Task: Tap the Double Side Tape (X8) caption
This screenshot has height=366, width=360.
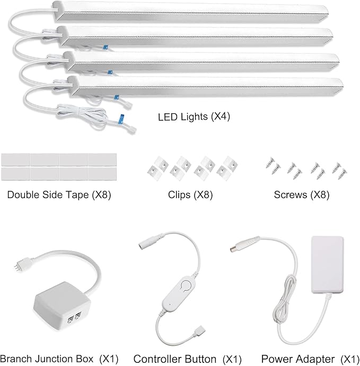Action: (x=59, y=194)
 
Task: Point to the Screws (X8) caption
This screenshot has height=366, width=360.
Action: (x=301, y=194)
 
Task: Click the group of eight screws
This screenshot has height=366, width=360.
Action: (x=301, y=167)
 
